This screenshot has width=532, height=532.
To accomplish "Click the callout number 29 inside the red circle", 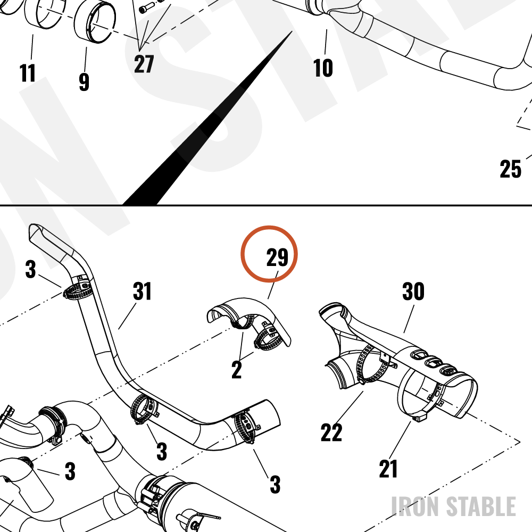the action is click(x=277, y=257).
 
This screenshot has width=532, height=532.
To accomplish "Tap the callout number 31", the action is click(x=142, y=291).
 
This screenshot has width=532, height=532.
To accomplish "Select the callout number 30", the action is click(x=413, y=291).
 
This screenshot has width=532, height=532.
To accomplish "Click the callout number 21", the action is click(x=388, y=469).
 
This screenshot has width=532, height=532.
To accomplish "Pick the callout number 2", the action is click(x=237, y=370).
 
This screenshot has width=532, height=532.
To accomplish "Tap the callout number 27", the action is click(x=144, y=64).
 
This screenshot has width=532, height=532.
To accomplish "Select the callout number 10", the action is click(x=323, y=68).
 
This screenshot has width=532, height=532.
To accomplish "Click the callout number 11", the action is click(x=28, y=72).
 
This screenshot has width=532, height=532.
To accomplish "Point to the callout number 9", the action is click(x=84, y=82).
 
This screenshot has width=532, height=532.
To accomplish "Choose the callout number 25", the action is click(x=511, y=169).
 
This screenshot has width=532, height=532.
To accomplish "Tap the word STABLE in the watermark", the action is click(x=481, y=506).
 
